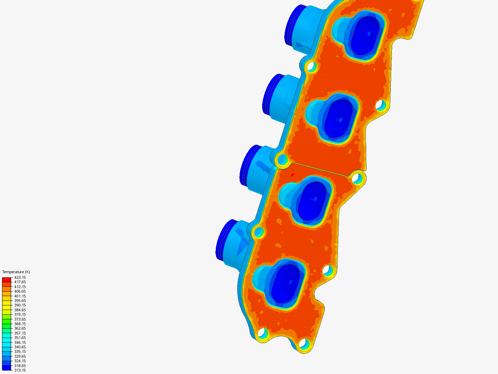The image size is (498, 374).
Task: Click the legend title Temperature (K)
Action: (x=16, y=272)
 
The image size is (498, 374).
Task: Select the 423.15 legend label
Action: (x=20, y=277)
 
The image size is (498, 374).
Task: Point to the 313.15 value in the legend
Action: (x=20, y=370)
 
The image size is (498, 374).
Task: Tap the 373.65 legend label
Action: (x=20, y=319)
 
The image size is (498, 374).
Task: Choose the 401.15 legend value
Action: (x=20, y=296)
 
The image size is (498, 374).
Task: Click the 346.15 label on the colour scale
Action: (x=20, y=342)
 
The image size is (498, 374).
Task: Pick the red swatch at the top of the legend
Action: (x=7, y=279)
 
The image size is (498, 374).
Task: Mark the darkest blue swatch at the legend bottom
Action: (x=7, y=368)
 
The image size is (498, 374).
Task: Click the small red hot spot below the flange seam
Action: (x=293, y=175)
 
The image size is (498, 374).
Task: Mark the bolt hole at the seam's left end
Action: (x=283, y=160)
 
